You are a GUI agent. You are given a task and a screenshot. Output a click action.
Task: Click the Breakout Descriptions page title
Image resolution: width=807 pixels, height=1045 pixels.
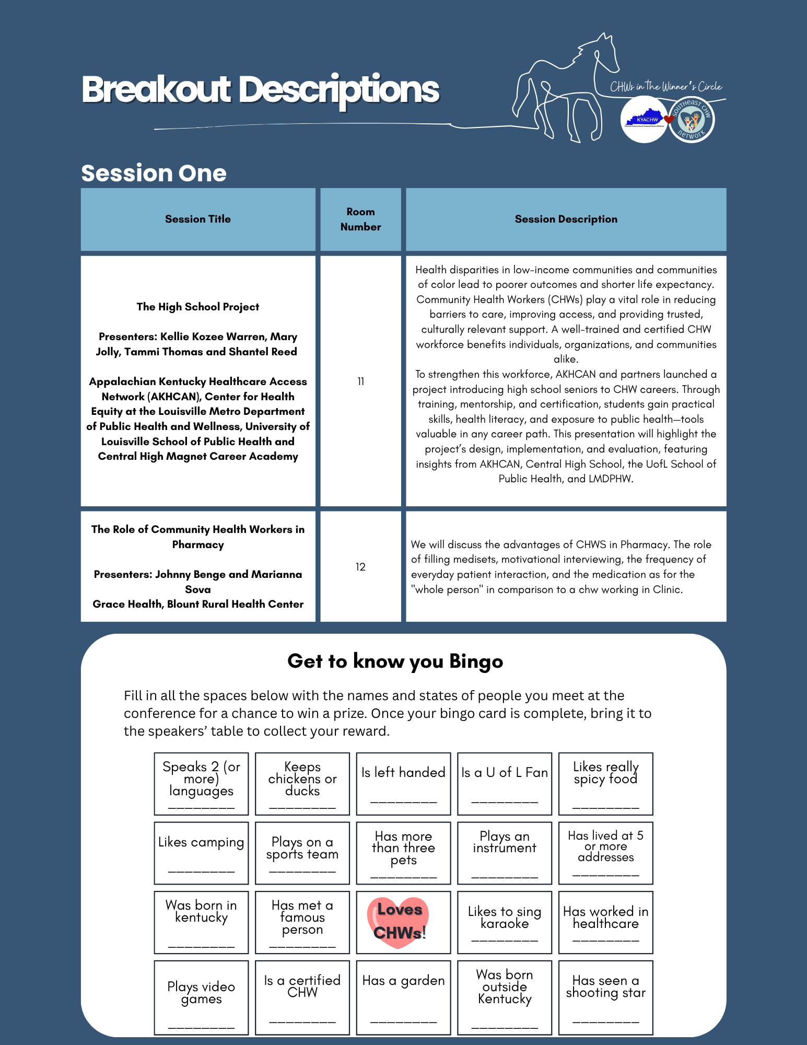point(260,90)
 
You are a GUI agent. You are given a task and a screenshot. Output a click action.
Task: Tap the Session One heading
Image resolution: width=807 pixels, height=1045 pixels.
point(154,173)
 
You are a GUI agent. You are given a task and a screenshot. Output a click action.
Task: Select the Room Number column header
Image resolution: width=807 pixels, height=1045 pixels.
point(360,219)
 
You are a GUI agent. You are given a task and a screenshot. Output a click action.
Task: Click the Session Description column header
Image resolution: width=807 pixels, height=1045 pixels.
point(566,219)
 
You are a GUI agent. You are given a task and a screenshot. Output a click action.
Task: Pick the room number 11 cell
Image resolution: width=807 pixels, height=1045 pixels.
point(360,381)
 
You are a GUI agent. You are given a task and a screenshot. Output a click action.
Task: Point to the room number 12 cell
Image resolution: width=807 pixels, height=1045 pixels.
point(360,567)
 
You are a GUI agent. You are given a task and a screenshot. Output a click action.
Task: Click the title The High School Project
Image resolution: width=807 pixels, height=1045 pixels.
point(198,307)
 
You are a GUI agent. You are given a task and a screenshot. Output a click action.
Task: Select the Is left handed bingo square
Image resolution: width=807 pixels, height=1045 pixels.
point(403,783)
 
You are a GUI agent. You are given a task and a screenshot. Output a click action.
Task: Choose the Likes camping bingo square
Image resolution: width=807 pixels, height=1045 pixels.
point(201,853)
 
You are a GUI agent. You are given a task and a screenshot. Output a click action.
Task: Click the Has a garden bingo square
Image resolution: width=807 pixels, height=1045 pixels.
point(403,997)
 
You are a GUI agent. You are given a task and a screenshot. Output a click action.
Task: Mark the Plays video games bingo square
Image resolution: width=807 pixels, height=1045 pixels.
point(201,997)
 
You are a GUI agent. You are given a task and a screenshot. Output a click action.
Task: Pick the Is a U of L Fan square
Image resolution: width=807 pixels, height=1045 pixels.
point(505,783)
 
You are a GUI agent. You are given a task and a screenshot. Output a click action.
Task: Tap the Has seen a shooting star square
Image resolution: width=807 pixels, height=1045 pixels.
point(605,997)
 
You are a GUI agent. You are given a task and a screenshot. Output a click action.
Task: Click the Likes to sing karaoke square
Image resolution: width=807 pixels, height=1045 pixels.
point(505,922)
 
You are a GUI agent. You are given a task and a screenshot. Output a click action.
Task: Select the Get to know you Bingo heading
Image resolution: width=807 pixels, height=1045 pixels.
point(395,661)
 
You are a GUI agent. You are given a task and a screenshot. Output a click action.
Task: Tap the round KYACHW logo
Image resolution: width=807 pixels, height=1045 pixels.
point(644,120)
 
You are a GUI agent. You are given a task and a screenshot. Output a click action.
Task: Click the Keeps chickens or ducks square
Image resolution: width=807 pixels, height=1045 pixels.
point(302,783)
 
